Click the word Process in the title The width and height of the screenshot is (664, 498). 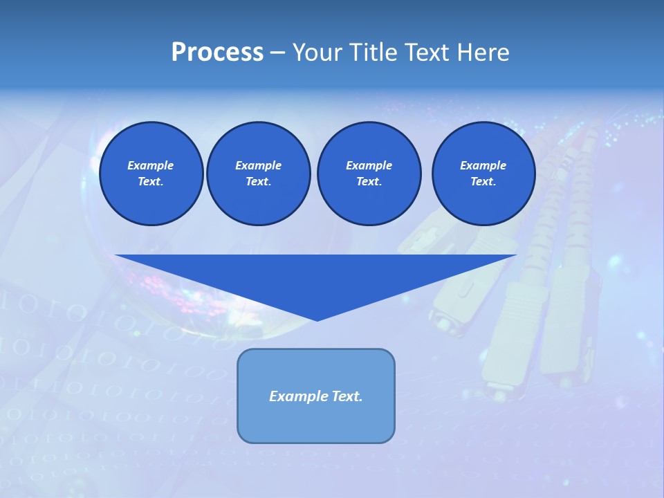(x=217, y=53)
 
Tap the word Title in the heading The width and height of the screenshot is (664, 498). (x=376, y=53)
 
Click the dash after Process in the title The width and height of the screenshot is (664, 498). (x=278, y=53)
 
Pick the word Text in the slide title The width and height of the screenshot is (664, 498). (x=427, y=53)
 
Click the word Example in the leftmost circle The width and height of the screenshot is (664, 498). (x=150, y=165)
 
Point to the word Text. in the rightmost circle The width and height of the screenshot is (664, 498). (x=483, y=181)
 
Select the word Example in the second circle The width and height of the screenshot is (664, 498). (x=258, y=165)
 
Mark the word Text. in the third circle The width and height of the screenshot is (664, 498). (x=369, y=181)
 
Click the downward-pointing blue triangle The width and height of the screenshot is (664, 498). (x=317, y=277)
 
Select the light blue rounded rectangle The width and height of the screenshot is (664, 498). (x=316, y=422)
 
